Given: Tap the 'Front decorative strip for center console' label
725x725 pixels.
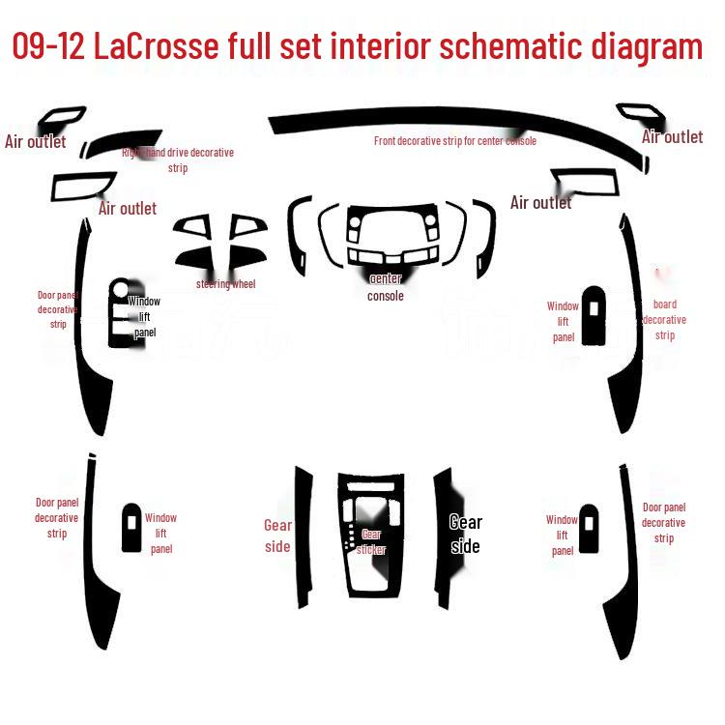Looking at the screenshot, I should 454,141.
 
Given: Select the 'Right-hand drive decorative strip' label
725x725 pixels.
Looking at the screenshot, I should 178,160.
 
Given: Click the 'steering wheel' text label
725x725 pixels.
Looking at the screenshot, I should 225,284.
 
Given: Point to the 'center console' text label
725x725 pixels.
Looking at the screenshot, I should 386,287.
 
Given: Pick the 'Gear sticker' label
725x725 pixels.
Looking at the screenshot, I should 371,542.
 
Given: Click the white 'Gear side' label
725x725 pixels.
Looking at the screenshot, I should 465,535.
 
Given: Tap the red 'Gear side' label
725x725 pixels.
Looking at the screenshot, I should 277,536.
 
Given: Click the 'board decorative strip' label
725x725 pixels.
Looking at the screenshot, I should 664,320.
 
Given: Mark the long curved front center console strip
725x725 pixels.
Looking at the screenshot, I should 454,124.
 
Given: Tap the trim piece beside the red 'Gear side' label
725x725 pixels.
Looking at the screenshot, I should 303,536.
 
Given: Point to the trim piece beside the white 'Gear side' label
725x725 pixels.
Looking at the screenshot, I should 443,536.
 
